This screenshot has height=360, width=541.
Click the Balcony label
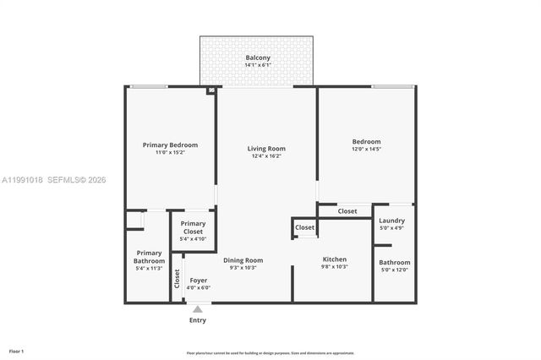tap(258, 57)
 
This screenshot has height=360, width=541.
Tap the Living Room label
tap(266, 149)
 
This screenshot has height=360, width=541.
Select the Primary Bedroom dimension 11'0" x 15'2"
tap(170, 152)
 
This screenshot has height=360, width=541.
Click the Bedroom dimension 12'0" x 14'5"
tap(366, 149)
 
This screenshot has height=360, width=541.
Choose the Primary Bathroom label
tap(149, 256)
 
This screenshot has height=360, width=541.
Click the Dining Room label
tap(243, 259)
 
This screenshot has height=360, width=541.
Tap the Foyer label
tap(199, 280)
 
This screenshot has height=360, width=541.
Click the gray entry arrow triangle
tap(198, 309)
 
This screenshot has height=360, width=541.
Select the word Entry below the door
tap(197, 320)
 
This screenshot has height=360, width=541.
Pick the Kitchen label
tap(335, 259)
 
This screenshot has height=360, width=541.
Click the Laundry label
tap(391, 221)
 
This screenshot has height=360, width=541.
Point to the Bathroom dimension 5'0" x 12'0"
tap(394, 270)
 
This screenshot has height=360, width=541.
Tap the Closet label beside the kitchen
tap(304, 227)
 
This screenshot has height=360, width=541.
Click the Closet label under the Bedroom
tap(347, 210)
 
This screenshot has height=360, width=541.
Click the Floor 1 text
tap(17, 351)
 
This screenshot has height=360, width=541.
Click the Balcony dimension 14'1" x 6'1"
tap(258, 65)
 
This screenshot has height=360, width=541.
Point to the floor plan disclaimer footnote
tap(270, 353)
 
